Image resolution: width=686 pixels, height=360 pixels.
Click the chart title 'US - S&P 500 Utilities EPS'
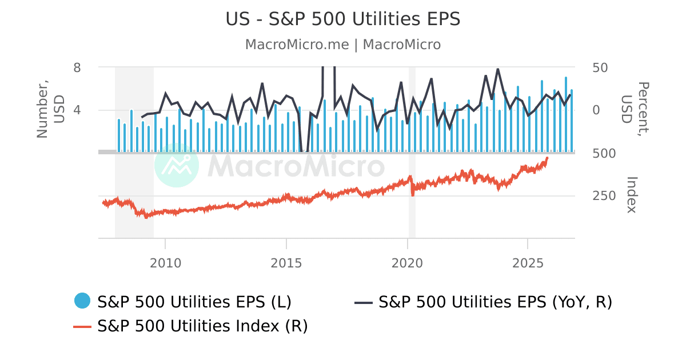[x=343, y=19]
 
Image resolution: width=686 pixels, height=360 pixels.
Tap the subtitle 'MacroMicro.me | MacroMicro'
[x=343, y=45]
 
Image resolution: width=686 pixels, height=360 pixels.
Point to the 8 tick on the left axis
[x=77, y=67]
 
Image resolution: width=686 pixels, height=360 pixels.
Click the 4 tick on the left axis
[x=77, y=110]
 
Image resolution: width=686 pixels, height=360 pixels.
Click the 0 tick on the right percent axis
[x=595, y=110]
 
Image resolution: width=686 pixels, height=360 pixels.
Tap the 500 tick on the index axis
[x=603, y=153]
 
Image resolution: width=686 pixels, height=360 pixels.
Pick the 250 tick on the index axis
[x=603, y=196]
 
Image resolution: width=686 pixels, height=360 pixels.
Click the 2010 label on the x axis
[x=165, y=263]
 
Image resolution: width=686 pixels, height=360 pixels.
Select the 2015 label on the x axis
[x=286, y=263]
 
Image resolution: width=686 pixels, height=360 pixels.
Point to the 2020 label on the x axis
[x=407, y=263]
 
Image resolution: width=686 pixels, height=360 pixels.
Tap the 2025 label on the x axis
[x=528, y=263]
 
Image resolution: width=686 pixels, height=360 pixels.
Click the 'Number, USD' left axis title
[x=50, y=110]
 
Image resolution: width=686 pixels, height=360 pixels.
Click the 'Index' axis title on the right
[x=631, y=195]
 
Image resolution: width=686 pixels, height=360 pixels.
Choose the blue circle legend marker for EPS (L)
[x=82, y=301]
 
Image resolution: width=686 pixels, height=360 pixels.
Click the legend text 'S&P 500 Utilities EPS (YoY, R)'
[x=495, y=301]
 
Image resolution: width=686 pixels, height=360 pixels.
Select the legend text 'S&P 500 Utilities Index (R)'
[x=202, y=326]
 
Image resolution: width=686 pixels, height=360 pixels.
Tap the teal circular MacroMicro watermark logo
[x=177, y=165]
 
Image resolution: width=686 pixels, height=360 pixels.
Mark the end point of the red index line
[x=547, y=158]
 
